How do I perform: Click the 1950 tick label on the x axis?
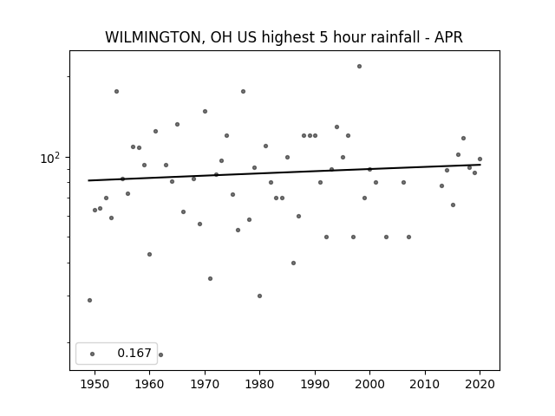click(95, 384)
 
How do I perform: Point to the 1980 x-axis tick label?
click(259, 384)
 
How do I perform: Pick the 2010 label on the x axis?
click(425, 384)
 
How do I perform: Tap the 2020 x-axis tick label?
click(480, 384)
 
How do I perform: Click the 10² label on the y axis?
click(50, 158)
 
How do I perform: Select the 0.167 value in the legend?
click(134, 353)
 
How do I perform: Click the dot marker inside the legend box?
click(93, 354)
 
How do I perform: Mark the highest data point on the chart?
click(359, 66)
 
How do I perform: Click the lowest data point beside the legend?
click(160, 354)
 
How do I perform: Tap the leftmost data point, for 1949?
click(89, 301)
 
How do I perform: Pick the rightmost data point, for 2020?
click(480, 159)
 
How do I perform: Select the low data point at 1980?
click(259, 296)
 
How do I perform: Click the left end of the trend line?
click(88, 180)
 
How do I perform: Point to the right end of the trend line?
click(480, 165)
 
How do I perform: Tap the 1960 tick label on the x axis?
click(149, 384)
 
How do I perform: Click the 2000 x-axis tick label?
click(370, 384)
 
